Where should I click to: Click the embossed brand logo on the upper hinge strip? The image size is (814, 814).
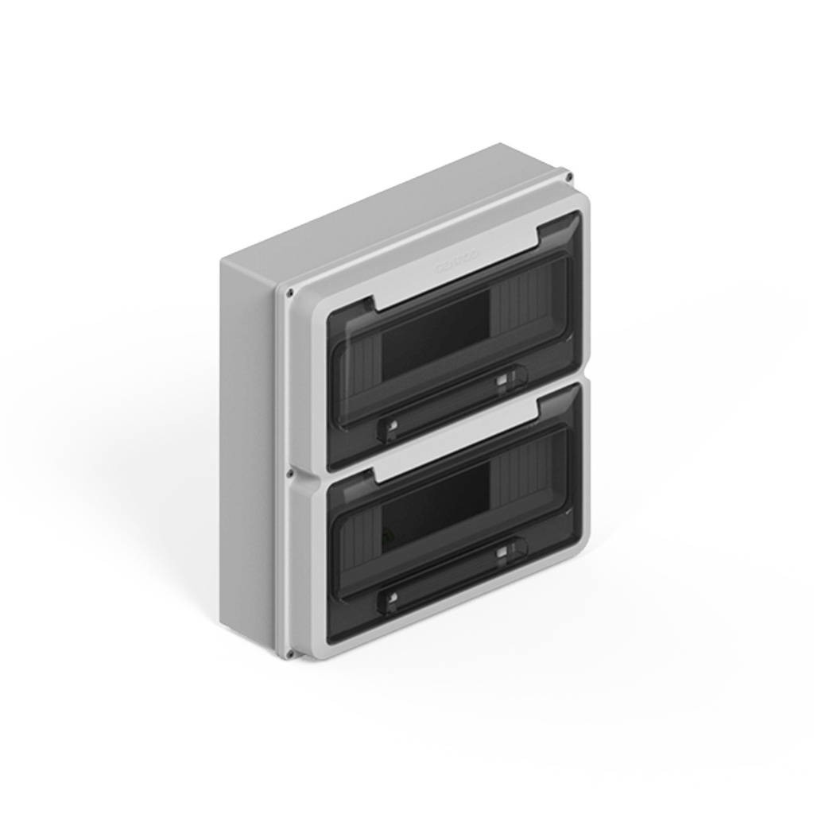(457, 262)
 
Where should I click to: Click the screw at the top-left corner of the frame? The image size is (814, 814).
(291, 292)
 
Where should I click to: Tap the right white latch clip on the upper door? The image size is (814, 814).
(502, 383)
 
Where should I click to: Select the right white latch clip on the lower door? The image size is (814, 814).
(502, 553)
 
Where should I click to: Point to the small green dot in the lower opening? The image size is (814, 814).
(387, 535)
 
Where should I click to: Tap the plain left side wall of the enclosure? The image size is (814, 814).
(248, 445)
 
